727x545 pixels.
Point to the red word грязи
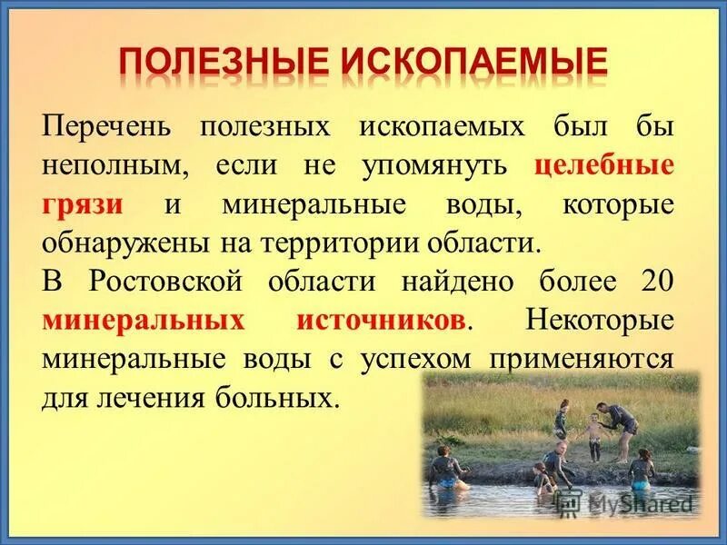(x=83, y=205)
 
